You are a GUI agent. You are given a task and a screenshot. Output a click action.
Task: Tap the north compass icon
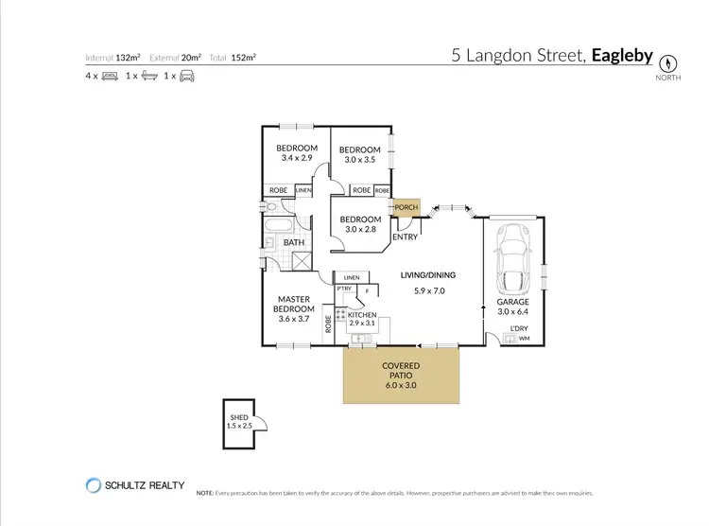point(669,62)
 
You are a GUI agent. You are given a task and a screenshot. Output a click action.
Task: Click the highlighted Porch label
point(406,207)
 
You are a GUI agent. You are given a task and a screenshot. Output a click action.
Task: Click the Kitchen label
point(362,315)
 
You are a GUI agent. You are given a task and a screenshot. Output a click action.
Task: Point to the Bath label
point(294,242)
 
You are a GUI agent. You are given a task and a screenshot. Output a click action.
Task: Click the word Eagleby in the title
point(622,56)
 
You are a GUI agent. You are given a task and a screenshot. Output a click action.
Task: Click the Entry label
point(405,237)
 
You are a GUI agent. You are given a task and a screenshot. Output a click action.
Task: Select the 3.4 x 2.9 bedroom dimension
point(295,158)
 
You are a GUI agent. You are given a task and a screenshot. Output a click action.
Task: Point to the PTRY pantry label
point(344,289)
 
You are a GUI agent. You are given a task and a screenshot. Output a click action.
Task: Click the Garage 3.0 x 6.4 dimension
point(514,311)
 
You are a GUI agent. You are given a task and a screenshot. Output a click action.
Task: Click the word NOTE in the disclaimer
point(205,493)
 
